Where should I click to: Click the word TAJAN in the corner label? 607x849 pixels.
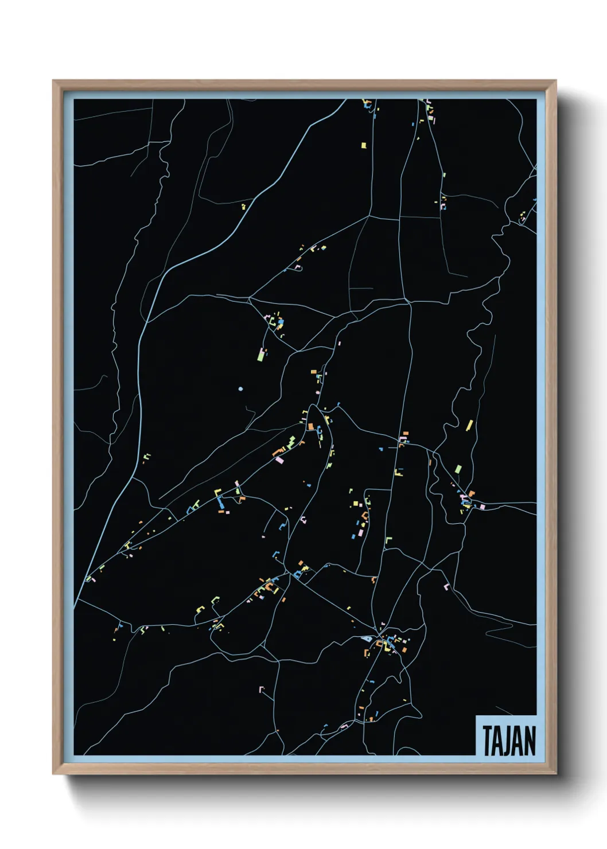pyautogui.click(x=509, y=741)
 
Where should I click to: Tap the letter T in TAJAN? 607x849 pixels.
pyautogui.click(x=487, y=741)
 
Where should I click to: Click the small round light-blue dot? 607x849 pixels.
pyautogui.click(x=240, y=389)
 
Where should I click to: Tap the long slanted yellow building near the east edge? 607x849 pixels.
pyautogui.click(x=469, y=425)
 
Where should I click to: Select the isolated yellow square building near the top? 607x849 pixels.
pyautogui.click(x=363, y=145)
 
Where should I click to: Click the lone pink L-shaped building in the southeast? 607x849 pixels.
pyautogui.click(x=446, y=586)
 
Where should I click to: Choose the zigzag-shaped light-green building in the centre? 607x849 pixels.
pyautogui.click(x=291, y=442)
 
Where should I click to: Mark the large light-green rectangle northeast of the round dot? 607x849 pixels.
pyautogui.click(x=260, y=356)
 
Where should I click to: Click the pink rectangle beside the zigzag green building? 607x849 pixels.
pyautogui.click(x=279, y=460)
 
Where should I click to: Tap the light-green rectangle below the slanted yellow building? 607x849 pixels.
pyautogui.click(x=458, y=469)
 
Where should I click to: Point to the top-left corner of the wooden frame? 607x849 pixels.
pyautogui.click(x=53, y=81)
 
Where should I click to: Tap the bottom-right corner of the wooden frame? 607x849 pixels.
pyautogui.click(x=555, y=774)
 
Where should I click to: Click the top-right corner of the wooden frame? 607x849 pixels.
pyautogui.click(x=555, y=81)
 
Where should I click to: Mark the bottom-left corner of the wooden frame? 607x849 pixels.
pyautogui.click(x=53, y=774)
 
